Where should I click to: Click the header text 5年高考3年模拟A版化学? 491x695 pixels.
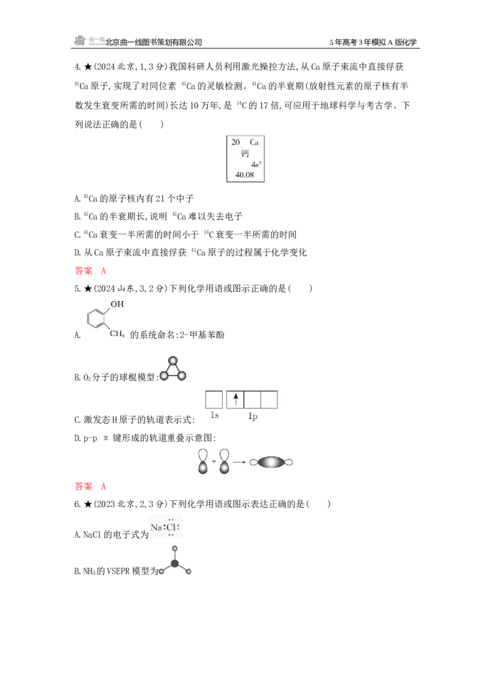373,42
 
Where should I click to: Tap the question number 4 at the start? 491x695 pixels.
77,67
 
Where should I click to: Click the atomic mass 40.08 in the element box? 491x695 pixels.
245,174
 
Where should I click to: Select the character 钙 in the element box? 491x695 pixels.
245,153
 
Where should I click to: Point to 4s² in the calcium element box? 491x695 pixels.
256,165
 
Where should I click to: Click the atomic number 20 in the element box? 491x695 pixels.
235,142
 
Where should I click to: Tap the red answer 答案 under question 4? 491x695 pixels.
83,270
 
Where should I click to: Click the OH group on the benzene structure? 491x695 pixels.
117,304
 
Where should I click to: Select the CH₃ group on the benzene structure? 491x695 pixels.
117,333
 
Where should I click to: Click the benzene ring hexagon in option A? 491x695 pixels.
96,318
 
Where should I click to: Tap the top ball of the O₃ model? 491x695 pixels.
173,360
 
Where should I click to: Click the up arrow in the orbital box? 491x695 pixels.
236,399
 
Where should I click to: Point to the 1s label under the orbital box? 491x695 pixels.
214,415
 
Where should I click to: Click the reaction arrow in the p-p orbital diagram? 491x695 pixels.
239,462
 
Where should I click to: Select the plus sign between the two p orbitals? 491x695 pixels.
214,462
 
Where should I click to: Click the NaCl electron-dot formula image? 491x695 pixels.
166,527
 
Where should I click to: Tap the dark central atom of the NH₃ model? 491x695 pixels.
175,564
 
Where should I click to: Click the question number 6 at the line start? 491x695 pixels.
77,505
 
